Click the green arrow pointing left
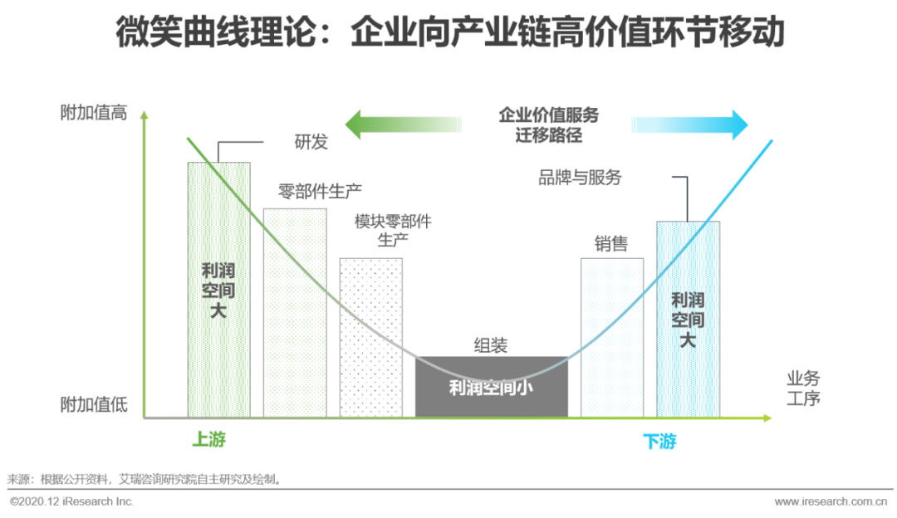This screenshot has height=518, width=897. tap(399, 125)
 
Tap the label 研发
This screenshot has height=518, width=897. tap(311, 142)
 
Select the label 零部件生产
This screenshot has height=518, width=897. tap(320, 192)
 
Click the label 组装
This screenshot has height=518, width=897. tap(491, 345)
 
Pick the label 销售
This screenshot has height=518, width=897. tap(611, 244)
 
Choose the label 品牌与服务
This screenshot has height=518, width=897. tap(580, 178)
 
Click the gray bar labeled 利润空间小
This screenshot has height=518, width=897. tap(491, 387)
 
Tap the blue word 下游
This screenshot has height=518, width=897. tap(659, 442)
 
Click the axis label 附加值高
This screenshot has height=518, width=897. tap(94, 113)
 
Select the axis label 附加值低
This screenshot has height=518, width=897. tap(94, 405)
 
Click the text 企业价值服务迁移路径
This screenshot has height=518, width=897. tap(548, 125)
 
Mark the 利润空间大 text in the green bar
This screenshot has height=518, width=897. tap(218, 291)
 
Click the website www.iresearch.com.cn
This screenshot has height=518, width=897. tap(831, 501)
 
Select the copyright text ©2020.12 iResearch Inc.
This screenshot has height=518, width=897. tap(71, 501)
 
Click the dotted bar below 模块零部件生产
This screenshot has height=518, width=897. tap(370, 337)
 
